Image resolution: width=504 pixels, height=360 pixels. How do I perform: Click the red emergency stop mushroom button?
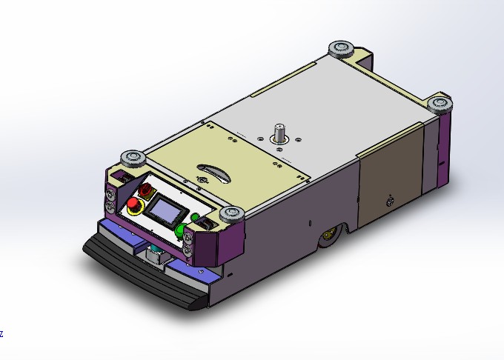click(x=133, y=204)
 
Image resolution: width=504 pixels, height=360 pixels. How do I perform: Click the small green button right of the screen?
click(x=196, y=218)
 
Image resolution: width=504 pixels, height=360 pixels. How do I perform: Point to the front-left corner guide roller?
click(x=134, y=158)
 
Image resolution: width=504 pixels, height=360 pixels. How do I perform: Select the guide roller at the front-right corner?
click(x=231, y=215)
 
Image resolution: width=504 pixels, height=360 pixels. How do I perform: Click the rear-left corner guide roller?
click(x=342, y=48)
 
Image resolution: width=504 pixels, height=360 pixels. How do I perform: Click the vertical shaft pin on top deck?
click(x=281, y=132)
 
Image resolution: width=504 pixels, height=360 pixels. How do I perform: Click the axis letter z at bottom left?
click(x=1, y=334)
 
